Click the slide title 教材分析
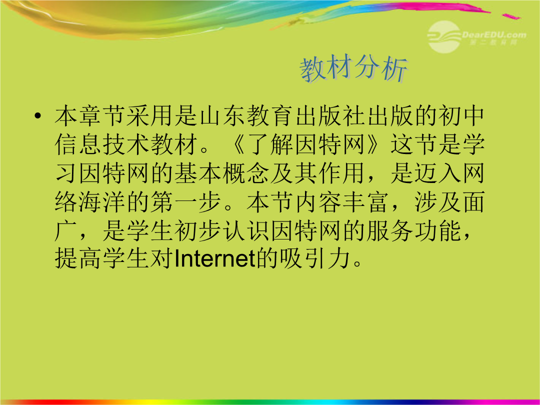(354, 69)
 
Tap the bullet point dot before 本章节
(38, 116)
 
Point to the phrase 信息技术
(102, 144)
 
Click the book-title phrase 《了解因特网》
(305, 144)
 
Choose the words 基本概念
(222, 173)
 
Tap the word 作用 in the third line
(341, 173)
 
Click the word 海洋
(102, 202)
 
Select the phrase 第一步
(186, 202)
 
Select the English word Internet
(214, 259)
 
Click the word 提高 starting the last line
(78, 259)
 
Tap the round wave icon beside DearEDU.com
(444, 37)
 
